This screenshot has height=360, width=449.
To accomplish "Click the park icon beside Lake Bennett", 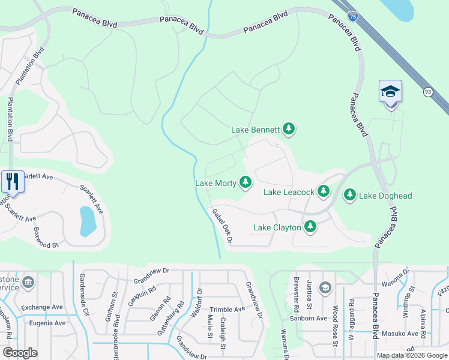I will point(289,128).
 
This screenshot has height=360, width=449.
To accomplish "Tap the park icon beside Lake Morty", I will point(246,182).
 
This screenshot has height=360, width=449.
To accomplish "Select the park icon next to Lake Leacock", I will point(324,191).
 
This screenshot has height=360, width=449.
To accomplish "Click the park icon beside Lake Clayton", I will point(310,227).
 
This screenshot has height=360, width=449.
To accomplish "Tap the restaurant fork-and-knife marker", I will point(12,181).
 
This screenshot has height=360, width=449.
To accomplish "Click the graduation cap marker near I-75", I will point(390,92).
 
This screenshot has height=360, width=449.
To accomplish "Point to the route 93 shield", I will point(427,92).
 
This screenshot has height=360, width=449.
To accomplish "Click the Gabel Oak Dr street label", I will point(221,226).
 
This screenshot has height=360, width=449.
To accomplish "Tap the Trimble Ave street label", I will point(227,309).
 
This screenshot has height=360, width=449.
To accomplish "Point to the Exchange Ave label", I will point(41,307).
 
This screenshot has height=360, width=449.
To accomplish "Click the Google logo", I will point(20,353).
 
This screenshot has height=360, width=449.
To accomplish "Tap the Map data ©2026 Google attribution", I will point(411,355).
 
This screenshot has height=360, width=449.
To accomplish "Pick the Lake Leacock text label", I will point(289,192).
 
